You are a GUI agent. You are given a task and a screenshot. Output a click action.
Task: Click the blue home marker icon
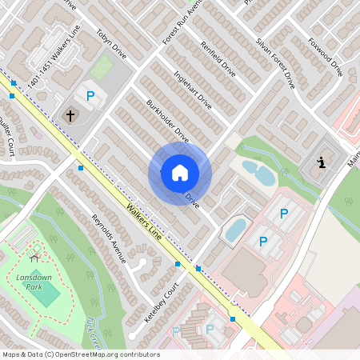coord(180,172)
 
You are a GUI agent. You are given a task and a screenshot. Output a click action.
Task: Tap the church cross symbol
coord(70,115)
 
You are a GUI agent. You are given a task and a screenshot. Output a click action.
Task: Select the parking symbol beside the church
coord(90,96)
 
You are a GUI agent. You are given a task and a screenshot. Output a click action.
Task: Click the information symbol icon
coord(321,163)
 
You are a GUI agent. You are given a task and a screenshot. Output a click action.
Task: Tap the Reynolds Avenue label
coord(109,238)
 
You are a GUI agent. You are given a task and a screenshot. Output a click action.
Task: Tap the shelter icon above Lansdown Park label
coord(34,257)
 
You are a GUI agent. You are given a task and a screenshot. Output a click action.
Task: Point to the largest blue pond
coord(236,229)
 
